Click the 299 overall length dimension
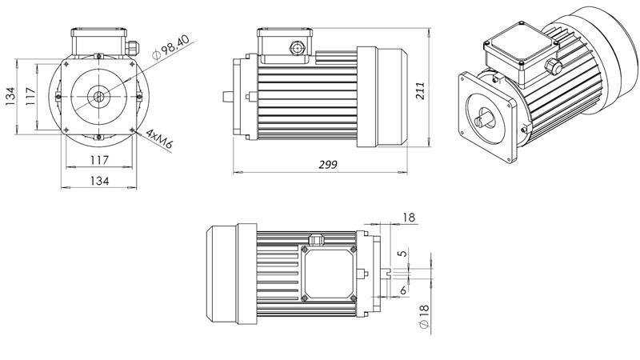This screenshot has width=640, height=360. coord(327,164)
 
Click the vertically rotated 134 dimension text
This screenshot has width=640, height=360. coord(11,95)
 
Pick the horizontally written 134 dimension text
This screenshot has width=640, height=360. coord(98,182)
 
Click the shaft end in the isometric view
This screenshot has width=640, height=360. coord(486,121)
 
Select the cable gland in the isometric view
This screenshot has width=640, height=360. coord(551,66)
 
